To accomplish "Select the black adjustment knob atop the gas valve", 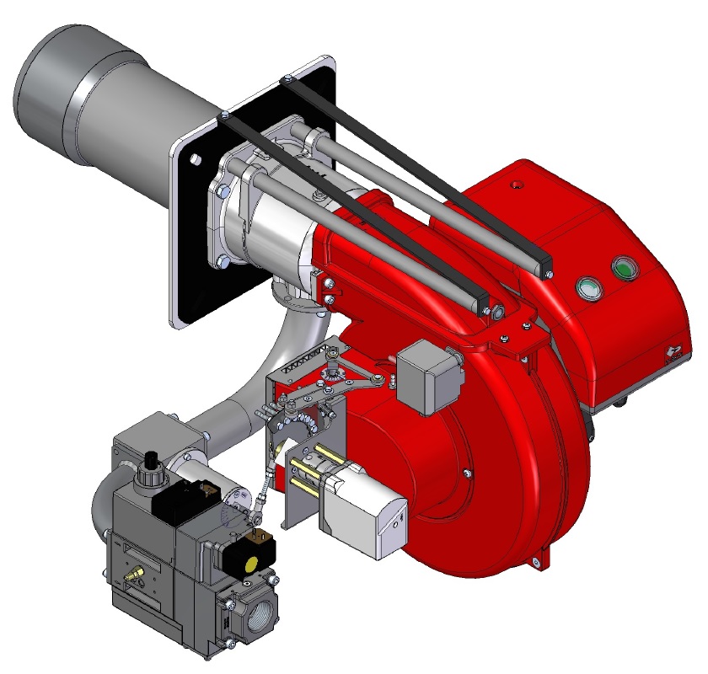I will click(153, 462).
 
